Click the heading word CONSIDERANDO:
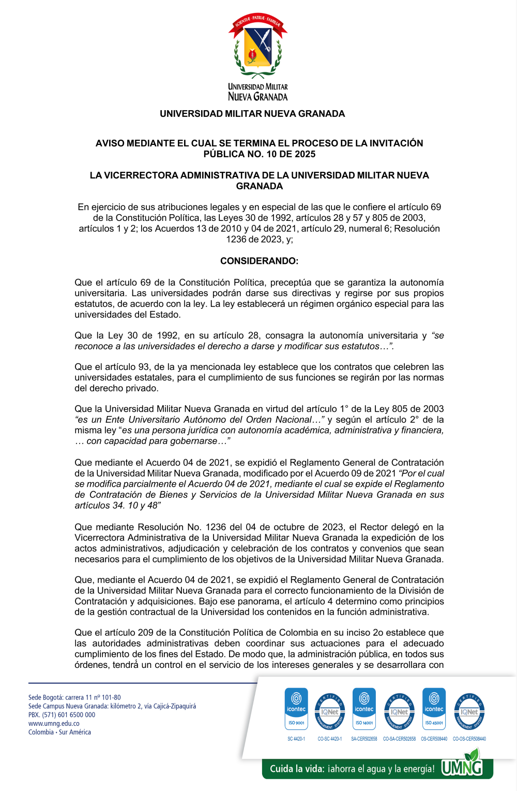259,261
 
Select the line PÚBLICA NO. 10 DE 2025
259,154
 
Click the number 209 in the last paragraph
145,633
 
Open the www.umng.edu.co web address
54,724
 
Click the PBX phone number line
62,715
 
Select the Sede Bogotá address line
74,697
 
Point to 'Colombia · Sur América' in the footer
59,732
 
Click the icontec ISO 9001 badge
296,708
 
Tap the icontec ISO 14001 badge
364,708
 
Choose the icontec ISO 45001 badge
434,708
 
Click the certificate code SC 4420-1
296,739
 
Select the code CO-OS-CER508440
469,739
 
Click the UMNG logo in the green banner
462,767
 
